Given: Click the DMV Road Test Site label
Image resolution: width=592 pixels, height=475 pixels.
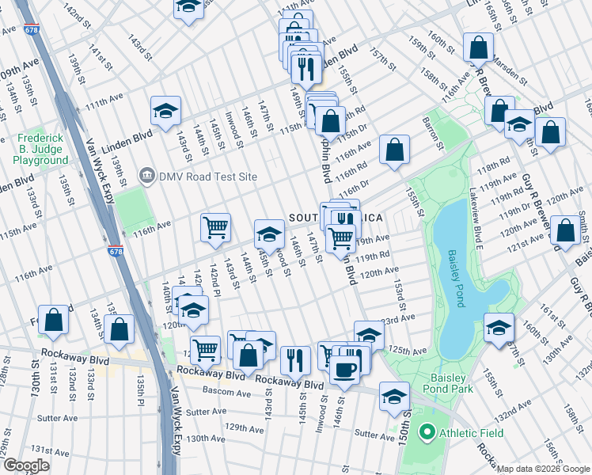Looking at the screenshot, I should [207, 176].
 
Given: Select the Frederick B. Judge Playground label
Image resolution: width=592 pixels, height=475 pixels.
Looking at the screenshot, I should [40, 149].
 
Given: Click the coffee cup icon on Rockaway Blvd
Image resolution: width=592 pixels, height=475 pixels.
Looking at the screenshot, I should [343, 370].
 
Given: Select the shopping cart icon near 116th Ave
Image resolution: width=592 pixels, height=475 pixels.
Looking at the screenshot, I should [215, 228].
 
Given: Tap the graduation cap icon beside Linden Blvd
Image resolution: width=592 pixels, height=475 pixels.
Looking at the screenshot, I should [165, 111].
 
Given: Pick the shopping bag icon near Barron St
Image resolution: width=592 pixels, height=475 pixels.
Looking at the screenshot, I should [394, 149].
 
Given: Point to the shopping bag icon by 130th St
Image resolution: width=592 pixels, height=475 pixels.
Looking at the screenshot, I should [53, 321].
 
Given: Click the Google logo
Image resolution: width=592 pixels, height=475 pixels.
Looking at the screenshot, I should [25, 465].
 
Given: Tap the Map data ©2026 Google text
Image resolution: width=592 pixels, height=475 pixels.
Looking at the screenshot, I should [543, 469].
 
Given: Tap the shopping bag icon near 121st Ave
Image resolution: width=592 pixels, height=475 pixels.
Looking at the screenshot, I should [565, 231].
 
